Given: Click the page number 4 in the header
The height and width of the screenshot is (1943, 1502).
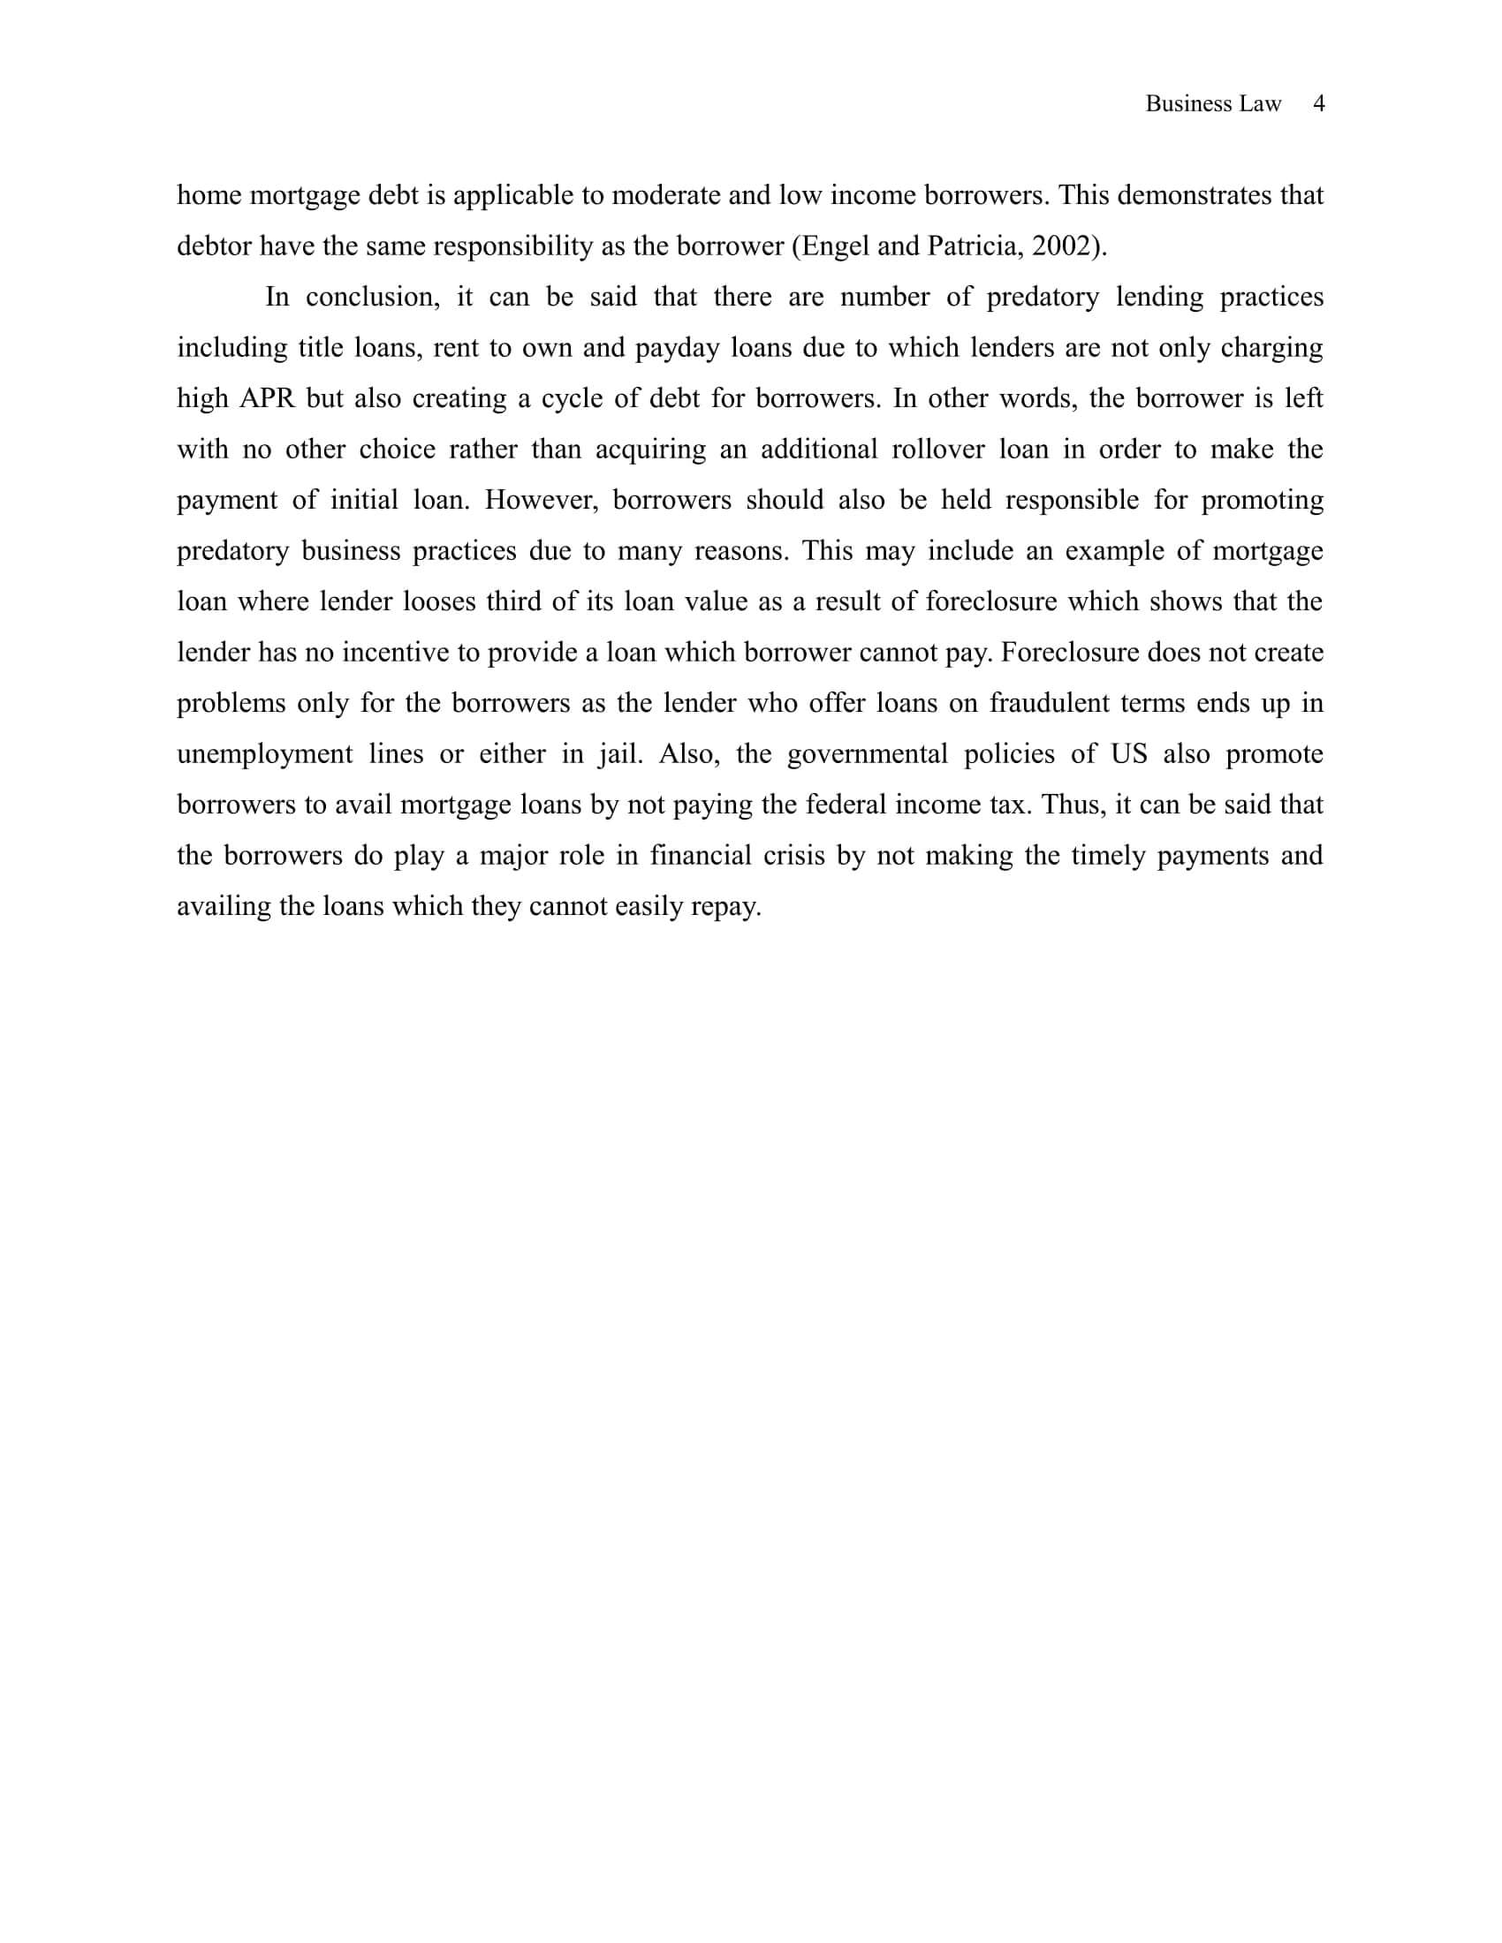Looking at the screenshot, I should [x=1319, y=104].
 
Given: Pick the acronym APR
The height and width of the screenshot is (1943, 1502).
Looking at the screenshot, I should [x=267, y=398].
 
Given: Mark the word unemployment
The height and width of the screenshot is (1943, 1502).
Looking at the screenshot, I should [x=265, y=754].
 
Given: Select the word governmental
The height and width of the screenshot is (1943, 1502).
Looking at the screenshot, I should [x=868, y=754].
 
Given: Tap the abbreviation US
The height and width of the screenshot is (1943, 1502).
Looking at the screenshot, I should [x=1129, y=754].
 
